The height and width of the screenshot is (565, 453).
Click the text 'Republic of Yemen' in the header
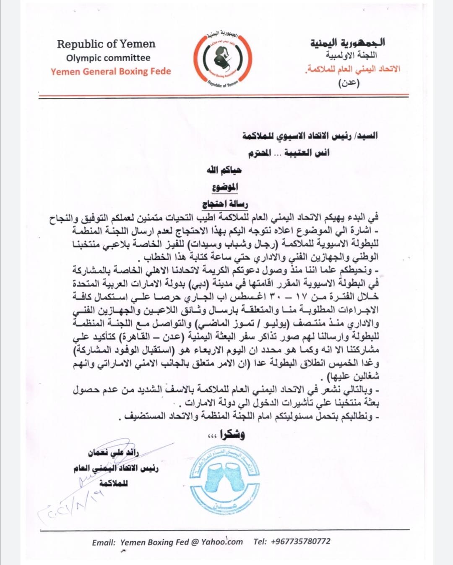106,44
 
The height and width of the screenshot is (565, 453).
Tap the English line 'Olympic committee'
108,58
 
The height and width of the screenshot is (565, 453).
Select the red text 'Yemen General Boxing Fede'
111,71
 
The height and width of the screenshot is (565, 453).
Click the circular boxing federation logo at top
222,60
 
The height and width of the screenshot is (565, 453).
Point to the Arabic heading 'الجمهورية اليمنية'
348,42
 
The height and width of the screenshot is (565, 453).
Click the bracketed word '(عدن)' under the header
349,82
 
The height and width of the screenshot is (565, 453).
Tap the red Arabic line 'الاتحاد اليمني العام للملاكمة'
353,69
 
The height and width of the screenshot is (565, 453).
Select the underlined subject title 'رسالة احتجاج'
225,205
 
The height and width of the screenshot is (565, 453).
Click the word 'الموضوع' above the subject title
225,187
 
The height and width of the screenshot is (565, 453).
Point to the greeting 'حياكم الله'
224,170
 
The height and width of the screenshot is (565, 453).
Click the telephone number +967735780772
292,541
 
